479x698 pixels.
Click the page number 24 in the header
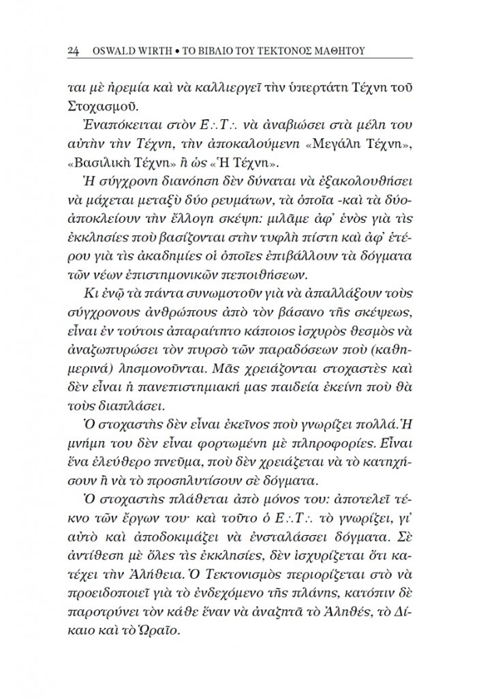pos(76,51)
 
